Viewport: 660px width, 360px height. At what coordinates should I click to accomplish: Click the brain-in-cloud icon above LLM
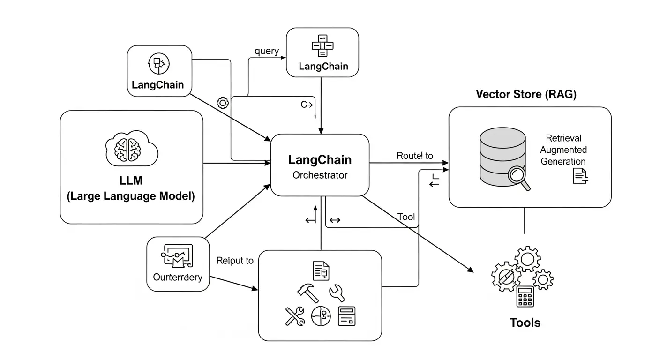[x=130, y=149]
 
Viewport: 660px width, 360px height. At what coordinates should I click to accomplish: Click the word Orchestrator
[x=320, y=175]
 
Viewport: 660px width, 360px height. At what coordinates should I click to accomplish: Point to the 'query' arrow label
[x=267, y=51]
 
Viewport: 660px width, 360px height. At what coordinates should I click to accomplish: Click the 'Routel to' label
[x=415, y=156]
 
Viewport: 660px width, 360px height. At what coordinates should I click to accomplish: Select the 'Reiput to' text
[x=235, y=261]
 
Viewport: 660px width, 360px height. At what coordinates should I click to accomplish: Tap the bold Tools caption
[x=525, y=323]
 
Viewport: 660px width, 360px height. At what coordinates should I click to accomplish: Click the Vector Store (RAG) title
[x=526, y=94]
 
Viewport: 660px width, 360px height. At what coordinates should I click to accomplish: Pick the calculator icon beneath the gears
[x=525, y=296]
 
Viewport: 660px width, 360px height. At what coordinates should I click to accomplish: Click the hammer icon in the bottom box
[x=307, y=292]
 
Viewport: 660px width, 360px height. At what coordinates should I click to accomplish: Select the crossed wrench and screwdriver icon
[x=295, y=316]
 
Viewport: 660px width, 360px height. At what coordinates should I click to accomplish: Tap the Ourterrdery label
[x=178, y=277]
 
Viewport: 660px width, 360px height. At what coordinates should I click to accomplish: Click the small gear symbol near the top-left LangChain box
[x=223, y=103]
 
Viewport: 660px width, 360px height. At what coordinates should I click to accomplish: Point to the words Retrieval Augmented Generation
[x=563, y=150]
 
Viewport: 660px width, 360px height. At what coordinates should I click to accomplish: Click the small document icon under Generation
[x=580, y=176]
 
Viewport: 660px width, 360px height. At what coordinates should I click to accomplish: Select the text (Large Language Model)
[x=130, y=196]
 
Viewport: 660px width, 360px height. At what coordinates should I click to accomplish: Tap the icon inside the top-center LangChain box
[x=322, y=45]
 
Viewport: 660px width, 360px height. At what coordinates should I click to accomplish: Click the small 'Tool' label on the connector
[x=406, y=217]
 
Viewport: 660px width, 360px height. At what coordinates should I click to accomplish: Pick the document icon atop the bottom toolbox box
[x=321, y=271]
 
